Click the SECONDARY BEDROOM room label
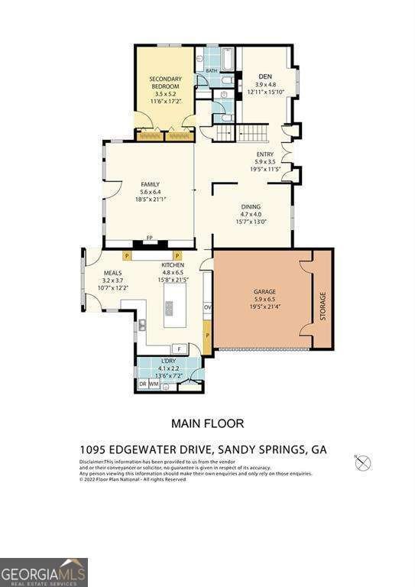point(164,83)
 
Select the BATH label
point(212,71)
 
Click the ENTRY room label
point(264,154)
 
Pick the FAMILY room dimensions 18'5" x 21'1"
point(150,199)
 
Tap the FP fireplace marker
point(150,238)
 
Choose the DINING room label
point(251,206)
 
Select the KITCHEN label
point(173,265)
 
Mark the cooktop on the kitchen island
point(169,310)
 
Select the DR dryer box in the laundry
point(142,384)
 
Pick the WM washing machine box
point(154,384)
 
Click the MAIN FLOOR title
point(207,423)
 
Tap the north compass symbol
point(364,462)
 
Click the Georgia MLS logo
point(44,572)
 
